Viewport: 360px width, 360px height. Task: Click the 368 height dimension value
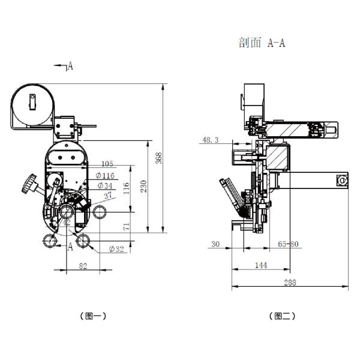159,158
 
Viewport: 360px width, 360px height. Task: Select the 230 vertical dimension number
144,187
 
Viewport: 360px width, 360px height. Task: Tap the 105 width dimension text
107,164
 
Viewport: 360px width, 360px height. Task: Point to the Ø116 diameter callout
105,176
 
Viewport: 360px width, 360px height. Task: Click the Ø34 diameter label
105,185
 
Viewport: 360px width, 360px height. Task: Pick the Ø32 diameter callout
116,249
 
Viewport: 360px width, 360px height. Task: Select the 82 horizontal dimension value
83,266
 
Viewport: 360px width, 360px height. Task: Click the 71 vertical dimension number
126,226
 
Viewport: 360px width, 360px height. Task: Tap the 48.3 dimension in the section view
211,140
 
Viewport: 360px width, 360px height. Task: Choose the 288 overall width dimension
290,283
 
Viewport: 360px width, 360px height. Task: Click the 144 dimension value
261,265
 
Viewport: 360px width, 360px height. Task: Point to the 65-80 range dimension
288,244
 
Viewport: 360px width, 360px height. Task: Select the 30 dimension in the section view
215,244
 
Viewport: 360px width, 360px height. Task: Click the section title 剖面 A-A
262,43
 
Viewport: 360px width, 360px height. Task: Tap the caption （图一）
93,316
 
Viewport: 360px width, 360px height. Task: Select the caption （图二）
282,316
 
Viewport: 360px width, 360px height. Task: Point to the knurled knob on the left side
29,184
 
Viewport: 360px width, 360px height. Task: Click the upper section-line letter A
70,66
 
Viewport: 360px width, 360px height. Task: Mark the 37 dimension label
108,196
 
